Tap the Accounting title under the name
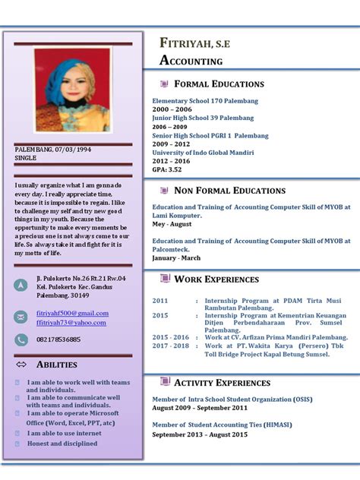point(191,61)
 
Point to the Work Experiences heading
point(216,279)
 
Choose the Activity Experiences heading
point(222,383)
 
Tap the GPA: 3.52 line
point(166,169)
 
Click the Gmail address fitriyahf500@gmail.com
point(72,313)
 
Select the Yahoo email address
point(71,323)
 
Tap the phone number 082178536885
point(58,339)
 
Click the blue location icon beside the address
point(21,285)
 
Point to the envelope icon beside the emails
point(21,317)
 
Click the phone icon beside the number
point(21,339)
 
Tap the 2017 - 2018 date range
point(170,346)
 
